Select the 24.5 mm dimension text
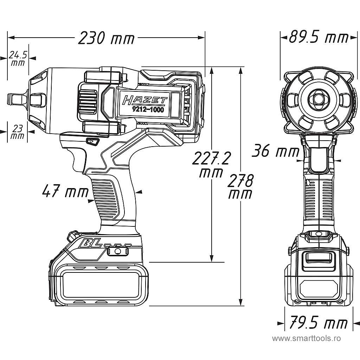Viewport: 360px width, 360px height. (18, 58)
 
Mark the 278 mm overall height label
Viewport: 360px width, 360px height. (240, 187)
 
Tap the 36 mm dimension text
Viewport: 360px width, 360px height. (275, 152)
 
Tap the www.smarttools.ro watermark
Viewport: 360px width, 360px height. (307, 339)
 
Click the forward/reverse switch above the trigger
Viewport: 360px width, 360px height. (92, 142)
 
